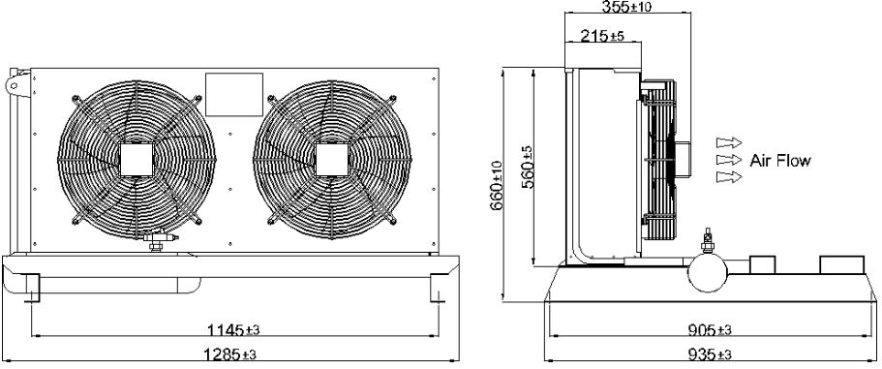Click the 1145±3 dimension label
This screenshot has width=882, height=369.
coord(233,329)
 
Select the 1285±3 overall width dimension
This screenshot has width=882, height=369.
coord(230,354)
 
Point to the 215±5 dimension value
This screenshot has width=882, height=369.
coord(602,37)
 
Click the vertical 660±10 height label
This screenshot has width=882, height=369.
coord(497,186)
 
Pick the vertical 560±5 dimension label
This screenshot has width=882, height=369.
coord(527,168)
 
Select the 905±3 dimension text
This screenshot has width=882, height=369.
coord(710,329)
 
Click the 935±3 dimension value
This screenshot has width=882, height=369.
coord(710,354)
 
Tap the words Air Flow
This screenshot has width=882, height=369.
coord(780,161)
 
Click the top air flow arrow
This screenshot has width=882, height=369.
coord(729,142)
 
